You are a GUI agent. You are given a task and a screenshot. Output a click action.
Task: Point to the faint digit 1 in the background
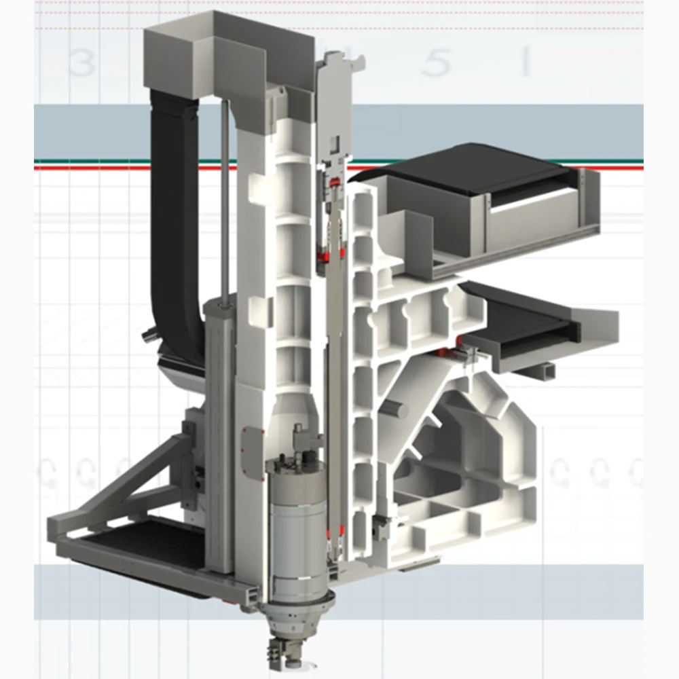524,64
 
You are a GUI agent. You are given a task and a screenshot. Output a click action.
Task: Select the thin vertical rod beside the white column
223,197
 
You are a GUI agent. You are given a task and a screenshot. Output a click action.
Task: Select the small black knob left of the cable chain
146,334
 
